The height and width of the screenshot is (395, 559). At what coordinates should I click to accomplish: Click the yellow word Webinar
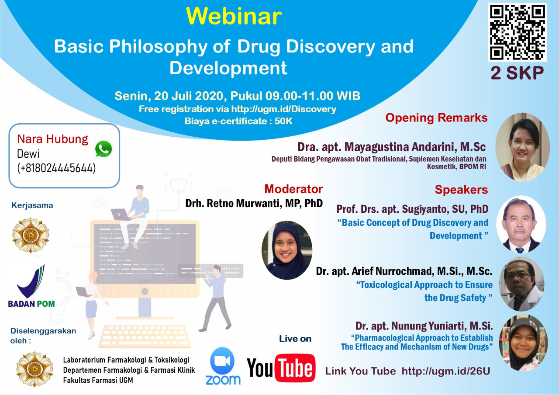click(x=234, y=16)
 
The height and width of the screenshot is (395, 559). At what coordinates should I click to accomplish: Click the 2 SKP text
click(x=517, y=73)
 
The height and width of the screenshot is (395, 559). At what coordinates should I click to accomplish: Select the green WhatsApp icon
click(x=104, y=149)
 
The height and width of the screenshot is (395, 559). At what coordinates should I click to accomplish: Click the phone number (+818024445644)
click(x=56, y=168)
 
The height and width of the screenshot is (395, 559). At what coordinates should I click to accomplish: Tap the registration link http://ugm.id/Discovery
click(x=284, y=109)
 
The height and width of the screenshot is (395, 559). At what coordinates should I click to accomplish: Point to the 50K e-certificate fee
click(x=283, y=121)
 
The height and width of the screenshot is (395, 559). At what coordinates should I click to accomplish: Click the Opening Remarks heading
click(x=436, y=118)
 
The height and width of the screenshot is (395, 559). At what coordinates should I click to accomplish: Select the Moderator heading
click(x=293, y=189)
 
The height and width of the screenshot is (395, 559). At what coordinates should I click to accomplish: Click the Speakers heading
click(x=461, y=190)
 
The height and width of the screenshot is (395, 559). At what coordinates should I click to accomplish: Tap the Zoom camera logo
click(x=222, y=361)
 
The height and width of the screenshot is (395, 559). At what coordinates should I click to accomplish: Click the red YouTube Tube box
click(x=295, y=368)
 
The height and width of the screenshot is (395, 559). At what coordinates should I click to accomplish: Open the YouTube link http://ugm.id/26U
click(x=446, y=371)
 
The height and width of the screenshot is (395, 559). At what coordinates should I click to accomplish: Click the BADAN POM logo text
click(x=31, y=304)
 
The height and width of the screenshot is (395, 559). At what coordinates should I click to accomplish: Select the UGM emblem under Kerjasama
click(x=31, y=235)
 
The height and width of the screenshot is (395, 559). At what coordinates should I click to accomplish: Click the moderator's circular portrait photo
click(x=287, y=250)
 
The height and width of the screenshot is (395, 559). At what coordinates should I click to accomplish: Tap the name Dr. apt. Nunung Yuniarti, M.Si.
click(x=424, y=326)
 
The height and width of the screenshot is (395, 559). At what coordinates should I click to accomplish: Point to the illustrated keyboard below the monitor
click(x=145, y=336)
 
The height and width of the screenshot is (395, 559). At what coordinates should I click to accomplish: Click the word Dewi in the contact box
click(x=28, y=154)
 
